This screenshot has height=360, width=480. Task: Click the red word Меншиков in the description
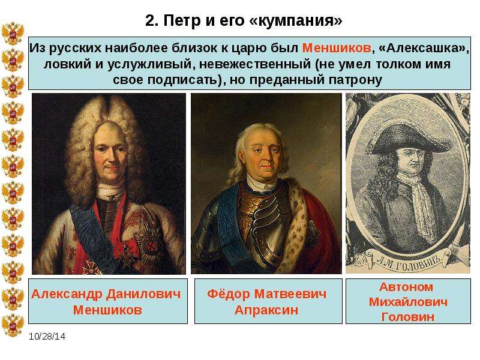point(337,48)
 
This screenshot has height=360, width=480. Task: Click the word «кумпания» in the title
point(296,21)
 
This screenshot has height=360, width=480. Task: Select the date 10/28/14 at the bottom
point(47,337)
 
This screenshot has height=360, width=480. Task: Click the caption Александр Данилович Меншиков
point(106,302)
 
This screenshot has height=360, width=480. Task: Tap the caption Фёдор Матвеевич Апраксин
point(266,302)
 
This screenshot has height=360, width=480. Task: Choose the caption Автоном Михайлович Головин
point(408,302)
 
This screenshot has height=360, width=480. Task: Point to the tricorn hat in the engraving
point(406,138)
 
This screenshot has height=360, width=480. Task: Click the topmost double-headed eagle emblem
point(13,34)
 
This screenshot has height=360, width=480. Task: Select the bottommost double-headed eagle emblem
point(13,325)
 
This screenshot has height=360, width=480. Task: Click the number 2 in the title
point(149,21)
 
